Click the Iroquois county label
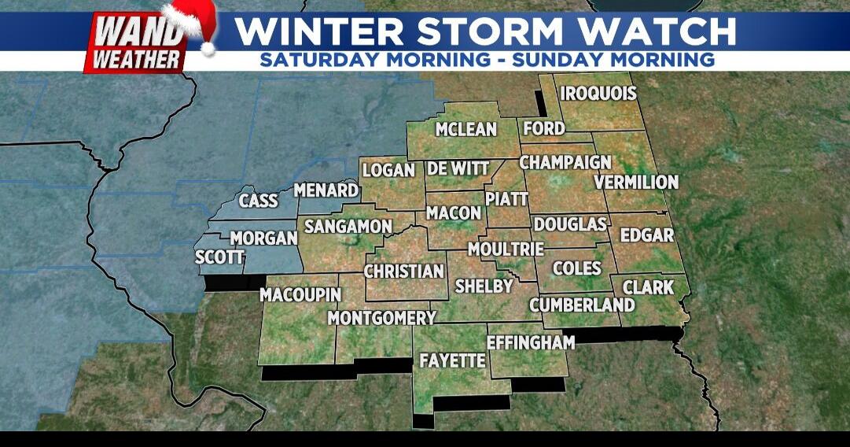coord(598,94)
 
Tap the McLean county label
coord(466,129)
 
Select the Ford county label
coord(543,128)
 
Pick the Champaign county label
coord(565,162)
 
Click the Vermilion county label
coord(636,182)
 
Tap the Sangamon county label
coord(348,227)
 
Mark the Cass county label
coord(259,201)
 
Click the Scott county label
coord(220,257)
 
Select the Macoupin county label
coord(300,294)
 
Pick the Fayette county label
coord(452,360)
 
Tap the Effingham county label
coord(531,342)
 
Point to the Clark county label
coord(648,287)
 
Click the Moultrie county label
coord(506,249)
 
